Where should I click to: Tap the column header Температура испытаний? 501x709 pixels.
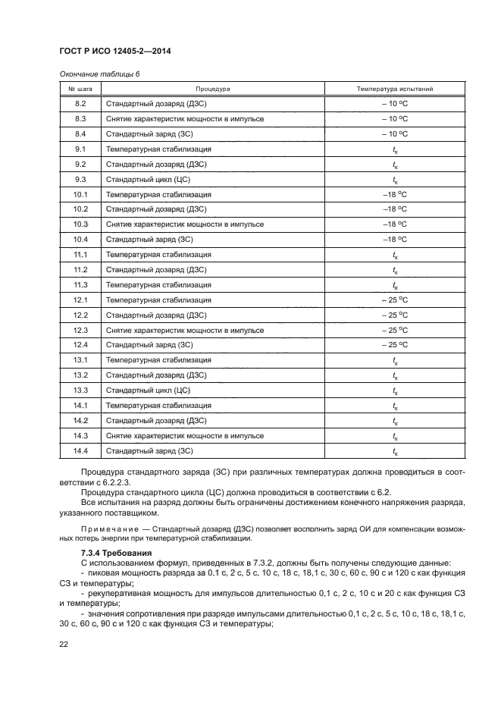click(395, 89)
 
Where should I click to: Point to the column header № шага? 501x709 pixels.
click(81, 89)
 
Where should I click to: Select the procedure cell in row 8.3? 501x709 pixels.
click(185, 118)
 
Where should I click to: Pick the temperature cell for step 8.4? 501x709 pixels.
click(395, 133)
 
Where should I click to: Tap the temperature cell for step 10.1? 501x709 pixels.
click(395, 194)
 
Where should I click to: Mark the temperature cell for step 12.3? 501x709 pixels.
click(395, 330)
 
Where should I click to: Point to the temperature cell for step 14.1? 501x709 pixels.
click(395, 406)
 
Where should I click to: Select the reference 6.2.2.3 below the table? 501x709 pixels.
click(116, 481)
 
